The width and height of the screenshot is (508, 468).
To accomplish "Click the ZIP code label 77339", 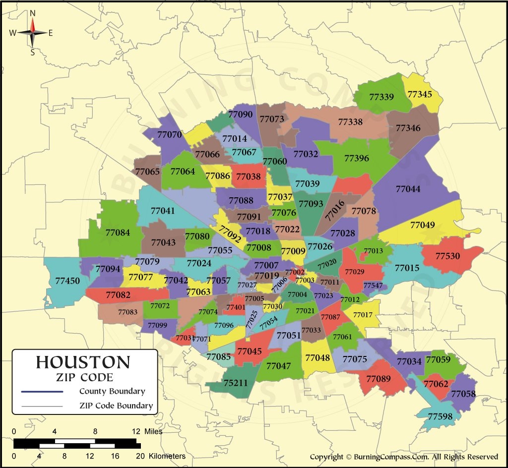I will [381, 97].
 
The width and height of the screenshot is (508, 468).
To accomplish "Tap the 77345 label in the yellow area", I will [420, 93].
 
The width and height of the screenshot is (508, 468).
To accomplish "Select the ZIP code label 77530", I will [447, 256].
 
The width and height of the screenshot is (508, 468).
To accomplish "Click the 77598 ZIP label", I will [440, 416].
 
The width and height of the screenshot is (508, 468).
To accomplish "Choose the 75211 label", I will [236, 383].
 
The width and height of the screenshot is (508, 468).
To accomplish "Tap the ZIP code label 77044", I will [408, 189].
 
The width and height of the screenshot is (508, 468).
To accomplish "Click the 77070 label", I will [169, 134].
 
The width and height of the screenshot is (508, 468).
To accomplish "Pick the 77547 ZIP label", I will [373, 286].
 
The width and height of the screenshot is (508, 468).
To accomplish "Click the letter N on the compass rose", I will [33, 13].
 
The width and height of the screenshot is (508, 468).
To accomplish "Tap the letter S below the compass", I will [33, 52].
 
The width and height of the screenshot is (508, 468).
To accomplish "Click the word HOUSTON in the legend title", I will [83, 362].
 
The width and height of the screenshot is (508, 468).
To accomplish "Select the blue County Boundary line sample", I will [42, 392].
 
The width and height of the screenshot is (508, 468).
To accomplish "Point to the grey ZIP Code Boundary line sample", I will [42, 406].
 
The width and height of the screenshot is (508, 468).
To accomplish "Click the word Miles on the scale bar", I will [153, 431].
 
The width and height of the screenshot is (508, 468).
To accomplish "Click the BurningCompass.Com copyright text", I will [404, 457].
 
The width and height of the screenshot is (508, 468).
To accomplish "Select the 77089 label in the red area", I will [379, 379].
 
